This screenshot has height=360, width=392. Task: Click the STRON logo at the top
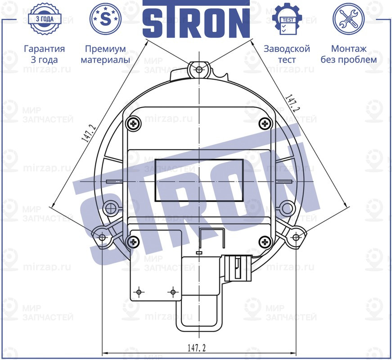point(196,20)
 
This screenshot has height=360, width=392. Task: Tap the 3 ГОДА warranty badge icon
point(44,19)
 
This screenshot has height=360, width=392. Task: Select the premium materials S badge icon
point(106,19)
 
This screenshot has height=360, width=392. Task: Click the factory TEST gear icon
point(287,19)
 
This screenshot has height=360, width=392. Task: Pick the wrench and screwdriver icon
point(348,19)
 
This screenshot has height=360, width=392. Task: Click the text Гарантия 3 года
point(44,54)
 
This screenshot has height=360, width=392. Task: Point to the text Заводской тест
point(287,54)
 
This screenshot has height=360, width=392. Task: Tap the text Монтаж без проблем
point(348,54)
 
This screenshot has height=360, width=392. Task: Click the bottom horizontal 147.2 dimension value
point(196,348)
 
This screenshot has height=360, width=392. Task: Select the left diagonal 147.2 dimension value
point(89,134)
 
